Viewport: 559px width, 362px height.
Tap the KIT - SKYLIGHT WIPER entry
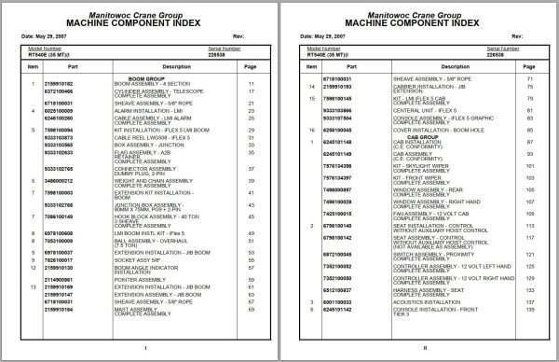pyautogui.click(x=422, y=162)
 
